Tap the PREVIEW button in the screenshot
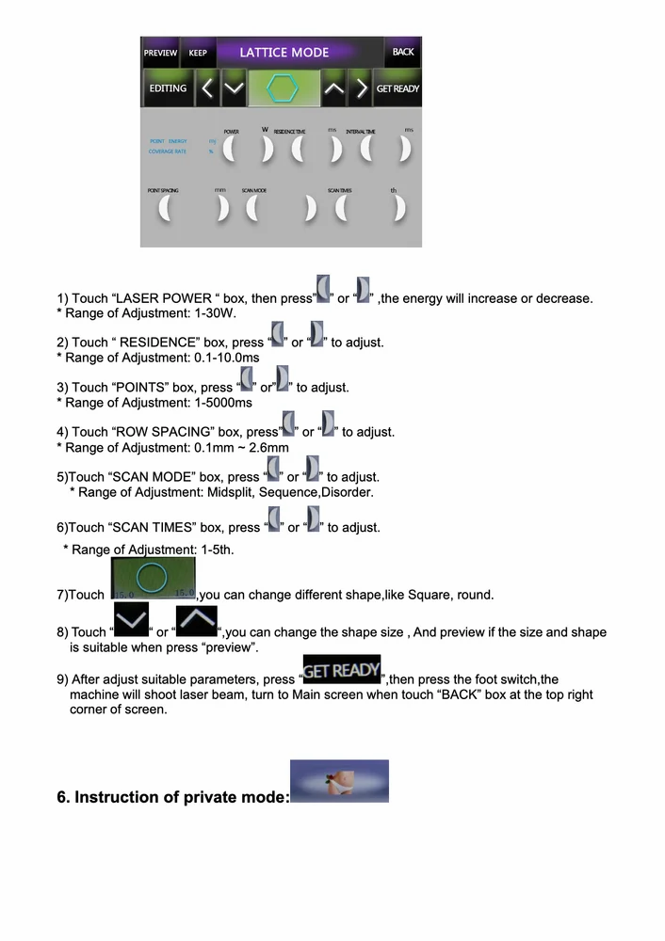click(160, 53)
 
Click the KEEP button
click(198, 53)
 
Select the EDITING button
click(168, 88)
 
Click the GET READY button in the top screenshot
click(397, 88)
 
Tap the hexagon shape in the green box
click(282, 88)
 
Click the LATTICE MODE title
click(284, 53)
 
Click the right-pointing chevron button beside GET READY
click(361, 88)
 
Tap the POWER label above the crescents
click(231, 132)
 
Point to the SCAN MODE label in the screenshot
click(254, 191)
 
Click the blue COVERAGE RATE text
click(168, 152)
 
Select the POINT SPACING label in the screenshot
click(163, 191)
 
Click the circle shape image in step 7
click(154, 578)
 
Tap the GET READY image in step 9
click(341, 670)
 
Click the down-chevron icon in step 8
click(131, 622)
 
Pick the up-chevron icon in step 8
click(196, 622)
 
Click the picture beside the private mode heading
click(339, 781)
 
